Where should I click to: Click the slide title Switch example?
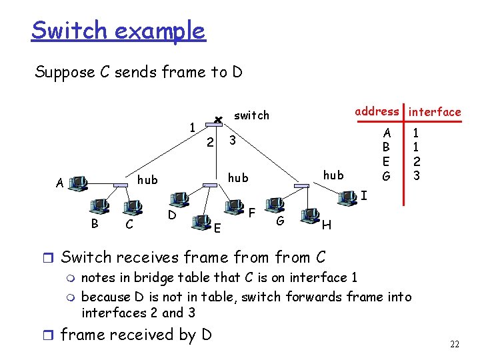pos(118,31)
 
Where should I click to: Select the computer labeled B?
pos(101,205)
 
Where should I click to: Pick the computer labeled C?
pos(138,208)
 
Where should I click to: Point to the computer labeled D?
pos(179,199)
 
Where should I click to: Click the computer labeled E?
pos(200,218)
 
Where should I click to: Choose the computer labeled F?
pos(235,206)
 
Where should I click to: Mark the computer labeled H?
pos(309,215)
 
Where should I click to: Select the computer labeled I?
pos(347,196)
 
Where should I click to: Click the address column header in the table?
pos(377,111)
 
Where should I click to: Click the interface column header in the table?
pos(435,112)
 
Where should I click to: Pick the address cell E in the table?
pos(385,161)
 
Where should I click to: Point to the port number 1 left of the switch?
pos(192,127)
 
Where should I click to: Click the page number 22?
pos(455,345)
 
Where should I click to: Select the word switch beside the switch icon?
pos(252,115)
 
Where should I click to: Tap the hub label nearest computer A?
pos(147,179)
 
